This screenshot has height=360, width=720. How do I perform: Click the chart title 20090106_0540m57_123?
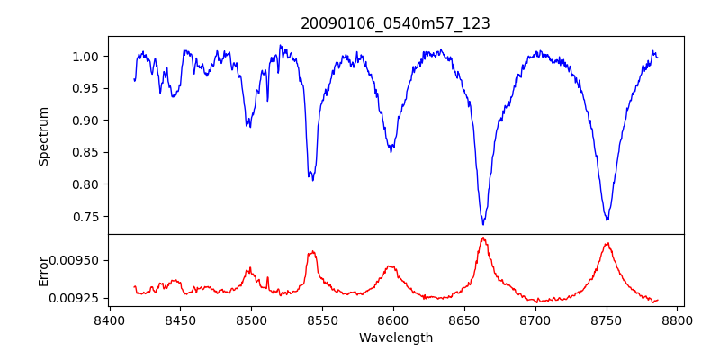(x=395, y=23)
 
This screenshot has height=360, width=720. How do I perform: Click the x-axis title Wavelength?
(x=395, y=338)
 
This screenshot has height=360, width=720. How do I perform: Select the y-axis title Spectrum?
(x=44, y=136)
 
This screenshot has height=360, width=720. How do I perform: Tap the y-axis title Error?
(x=44, y=271)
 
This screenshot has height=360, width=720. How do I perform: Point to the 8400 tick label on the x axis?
(x=109, y=320)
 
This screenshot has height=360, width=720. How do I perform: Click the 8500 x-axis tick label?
(x=251, y=320)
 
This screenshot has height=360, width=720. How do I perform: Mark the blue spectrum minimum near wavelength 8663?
(x=483, y=223)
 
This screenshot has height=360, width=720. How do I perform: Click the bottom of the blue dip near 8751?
(x=607, y=220)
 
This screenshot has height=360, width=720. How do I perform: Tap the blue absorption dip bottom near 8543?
(x=312, y=180)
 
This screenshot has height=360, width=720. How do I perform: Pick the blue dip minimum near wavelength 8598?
(x=391, y=151)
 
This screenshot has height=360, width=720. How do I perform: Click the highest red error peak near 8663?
(x=483, y=238)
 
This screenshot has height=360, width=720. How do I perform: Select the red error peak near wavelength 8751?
(x=607, y=243)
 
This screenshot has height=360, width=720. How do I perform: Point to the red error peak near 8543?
(x=312, y=252)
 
